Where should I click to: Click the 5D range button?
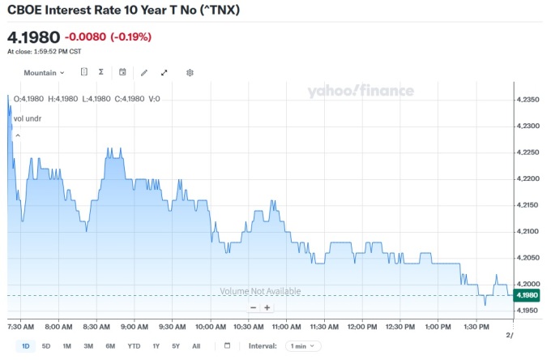pos(46,345)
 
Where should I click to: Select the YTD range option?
pos(134,345)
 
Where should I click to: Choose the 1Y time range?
pos(156,345)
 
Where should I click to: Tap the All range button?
pos(196,345)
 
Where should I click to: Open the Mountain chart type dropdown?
pos(44,72)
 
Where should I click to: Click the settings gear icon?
pos(190,72)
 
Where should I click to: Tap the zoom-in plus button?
pos(267,307)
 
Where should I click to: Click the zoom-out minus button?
pos(253,307)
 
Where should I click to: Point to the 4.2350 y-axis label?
pos(528,100)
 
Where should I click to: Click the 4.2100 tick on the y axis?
pos(528,231)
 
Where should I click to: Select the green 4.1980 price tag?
pos(527,295)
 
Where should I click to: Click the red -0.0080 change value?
pos(85,36)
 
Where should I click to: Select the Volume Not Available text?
pos(260,291)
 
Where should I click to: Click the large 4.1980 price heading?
pos(33,37)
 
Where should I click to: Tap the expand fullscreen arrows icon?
pos(164,72)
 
